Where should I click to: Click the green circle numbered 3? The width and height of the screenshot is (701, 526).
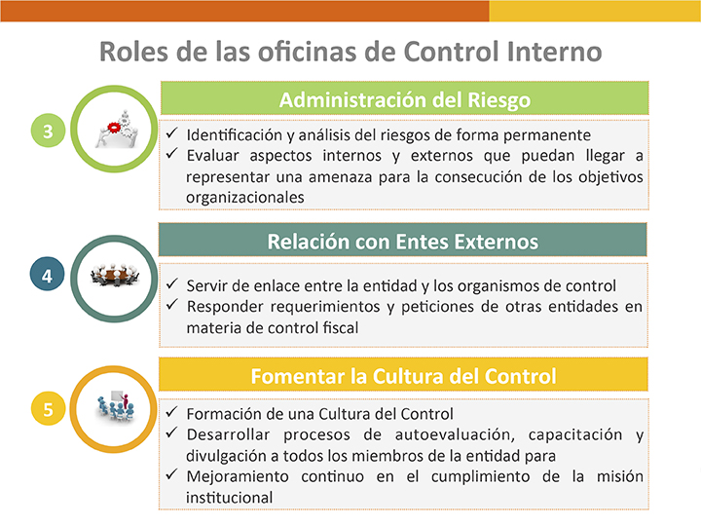pyautogui.click(x=48, y=131)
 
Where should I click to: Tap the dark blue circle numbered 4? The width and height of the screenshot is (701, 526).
pyautogui.click(x=48, y=274)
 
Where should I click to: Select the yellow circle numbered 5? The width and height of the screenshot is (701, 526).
pyautogui.click(x=48, y=408)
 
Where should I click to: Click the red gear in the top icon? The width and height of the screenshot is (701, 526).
pyautogui.click(x=114, y=128)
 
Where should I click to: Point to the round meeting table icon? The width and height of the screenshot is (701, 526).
pyautogui.click(x=115, y=275)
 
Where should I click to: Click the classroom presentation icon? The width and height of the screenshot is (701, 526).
pyautogui.click(x=115, y=405)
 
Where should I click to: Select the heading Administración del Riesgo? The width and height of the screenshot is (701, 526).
pyautogui.click(x=405, y=99)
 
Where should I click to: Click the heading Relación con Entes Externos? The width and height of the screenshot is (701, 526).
pyautogui.click(x=403, y=242)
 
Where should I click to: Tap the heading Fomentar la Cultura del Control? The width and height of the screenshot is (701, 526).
pyautogui.click(x=403, y=376)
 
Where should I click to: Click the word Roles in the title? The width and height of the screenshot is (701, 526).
pyautogui.click(x=133, y=52)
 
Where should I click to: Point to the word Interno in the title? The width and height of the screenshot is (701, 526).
pyautogui.click(x=554, y=52)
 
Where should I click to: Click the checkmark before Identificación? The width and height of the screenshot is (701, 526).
pyautogui.click(x=172, y=132)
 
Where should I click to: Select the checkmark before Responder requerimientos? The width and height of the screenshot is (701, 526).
pyautogui.click(x=172, y=305)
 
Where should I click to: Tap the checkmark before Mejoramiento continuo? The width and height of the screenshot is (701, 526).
pyautogui.click(x=172, y=474)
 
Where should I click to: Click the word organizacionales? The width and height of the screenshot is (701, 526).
pyautogui.click(x=245, y=198)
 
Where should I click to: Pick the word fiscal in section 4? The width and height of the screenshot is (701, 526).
pyautogui.click(x=341, y=328)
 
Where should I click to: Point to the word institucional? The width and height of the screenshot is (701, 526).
pyautogui.click(x=230, y=498)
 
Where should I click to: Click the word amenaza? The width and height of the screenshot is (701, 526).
pyautogui.click(x=339, y=177)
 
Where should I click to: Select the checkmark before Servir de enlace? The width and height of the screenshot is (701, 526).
pyautogui.click(x=172, y=283)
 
